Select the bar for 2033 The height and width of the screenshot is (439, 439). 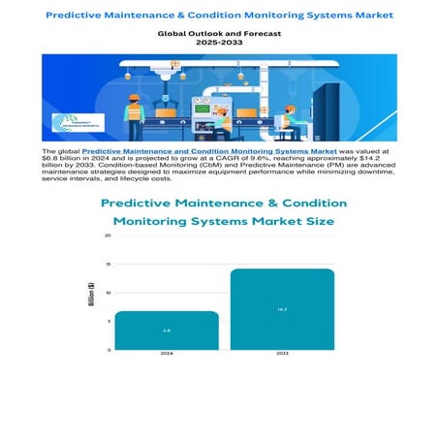[x=281, y=309]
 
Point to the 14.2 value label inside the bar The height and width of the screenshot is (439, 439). [x=281, y=309]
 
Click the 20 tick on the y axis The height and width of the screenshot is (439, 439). [x=108, y=235]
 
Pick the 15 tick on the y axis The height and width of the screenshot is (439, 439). [x=108, y=264]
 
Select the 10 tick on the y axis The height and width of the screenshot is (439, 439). [x=108, y=293]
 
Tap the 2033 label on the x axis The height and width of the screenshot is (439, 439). [x=281, y=355]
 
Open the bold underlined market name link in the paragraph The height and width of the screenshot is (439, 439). [x=208, y=152]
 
